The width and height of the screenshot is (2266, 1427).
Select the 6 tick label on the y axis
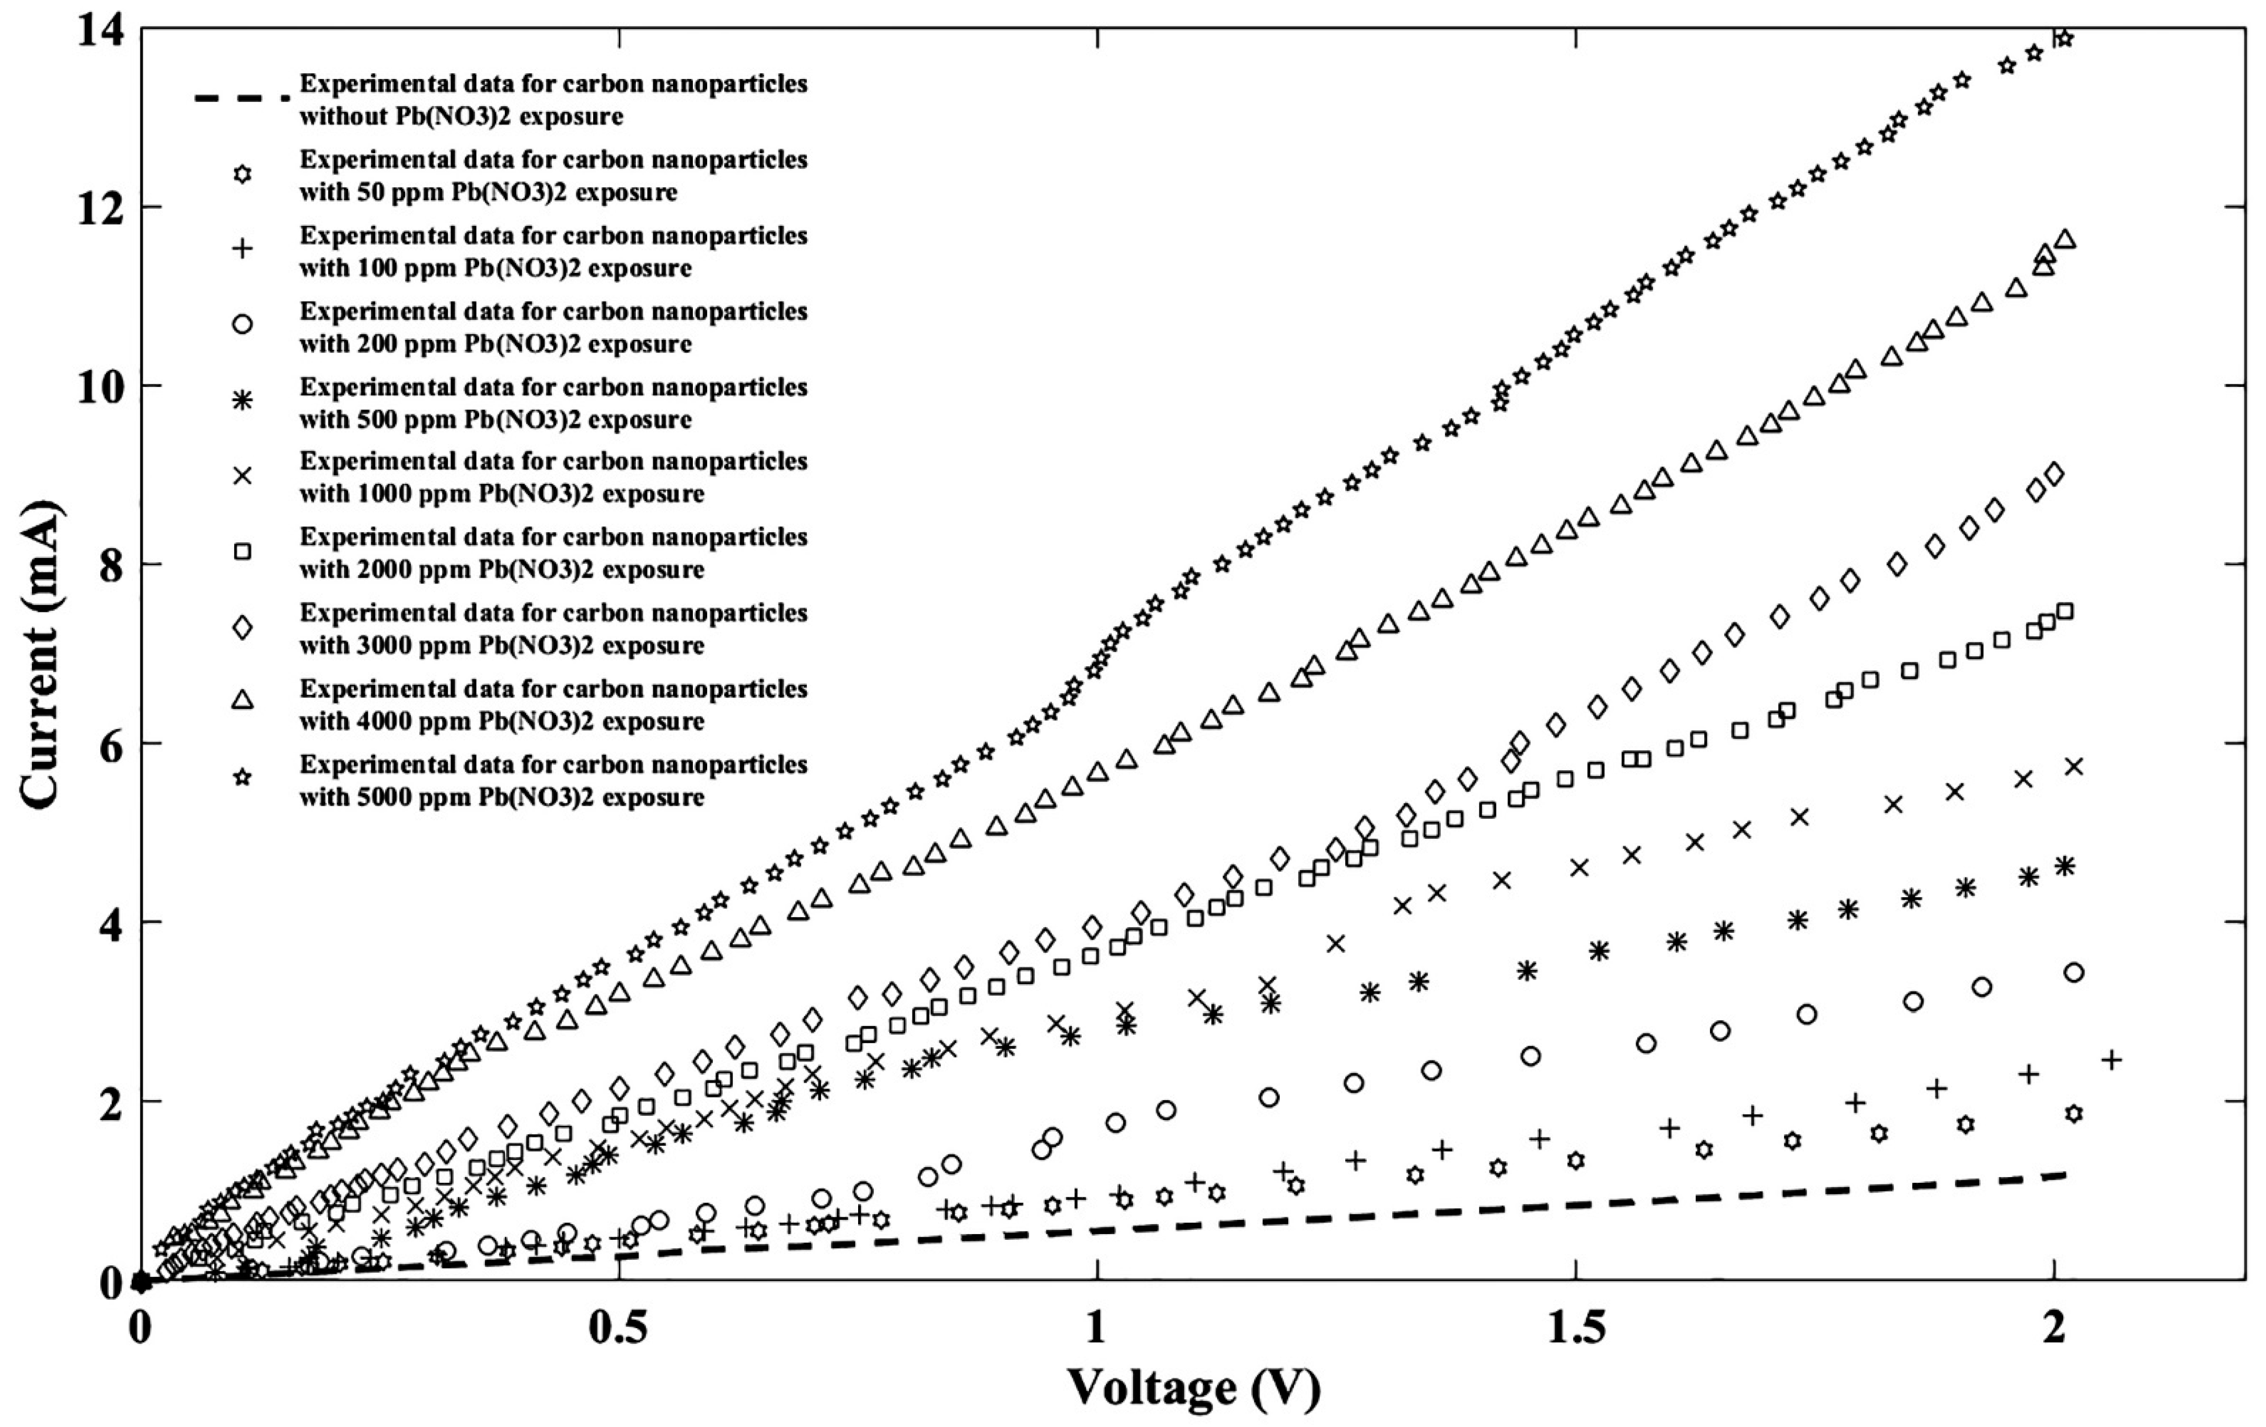111,744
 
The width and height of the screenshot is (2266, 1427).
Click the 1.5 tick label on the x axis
1575,1328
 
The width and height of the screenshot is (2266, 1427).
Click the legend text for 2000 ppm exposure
553,553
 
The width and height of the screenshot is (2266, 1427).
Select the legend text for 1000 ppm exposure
553,477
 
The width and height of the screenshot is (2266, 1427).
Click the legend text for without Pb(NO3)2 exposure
553,100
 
